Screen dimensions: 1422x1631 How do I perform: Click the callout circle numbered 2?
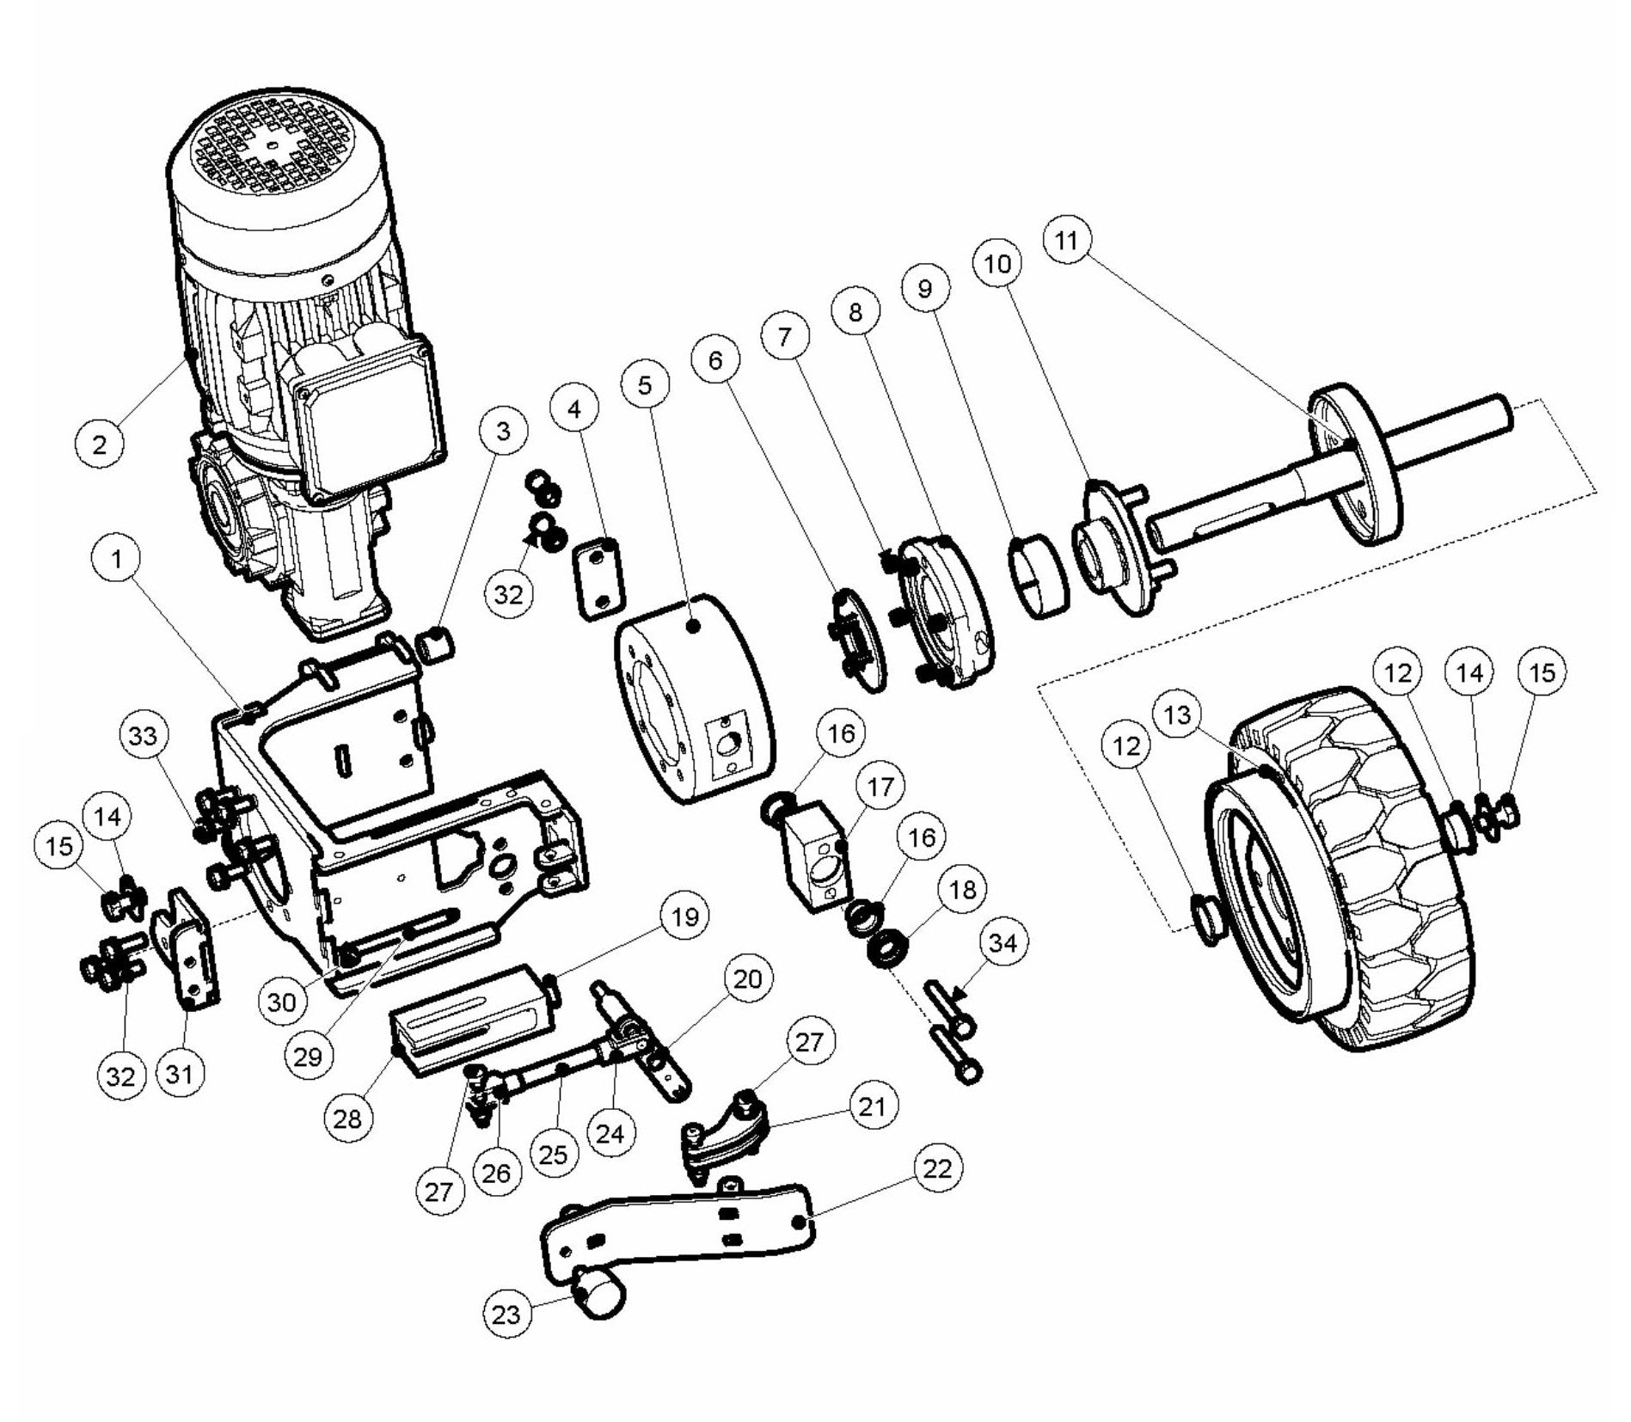(100, 444)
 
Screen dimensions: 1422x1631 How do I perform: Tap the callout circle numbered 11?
(1066, 240)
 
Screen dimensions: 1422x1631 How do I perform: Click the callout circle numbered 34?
(1003, 943)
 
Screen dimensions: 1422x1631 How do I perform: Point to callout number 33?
(144, 736)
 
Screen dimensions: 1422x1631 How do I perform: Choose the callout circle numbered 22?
(937, 1168)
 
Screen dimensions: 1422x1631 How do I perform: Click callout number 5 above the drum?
(646, 385)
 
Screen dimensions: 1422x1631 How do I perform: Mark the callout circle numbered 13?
(1178, 714)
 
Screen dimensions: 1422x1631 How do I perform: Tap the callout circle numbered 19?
(685, 916)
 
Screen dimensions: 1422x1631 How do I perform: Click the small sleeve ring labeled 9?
(1039, 577)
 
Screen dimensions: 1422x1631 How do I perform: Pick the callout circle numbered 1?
(117, 558)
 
